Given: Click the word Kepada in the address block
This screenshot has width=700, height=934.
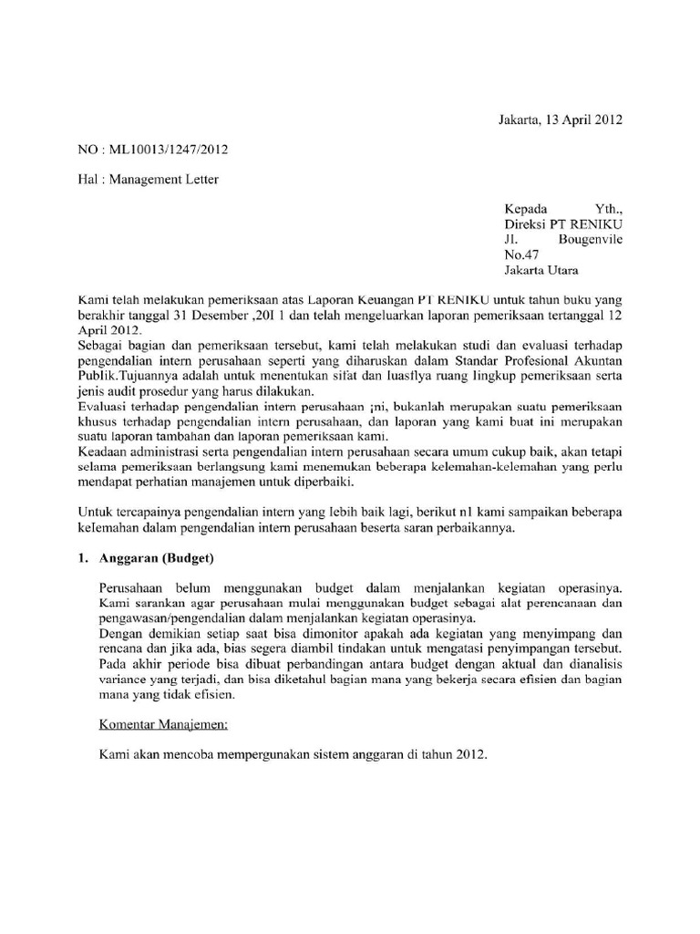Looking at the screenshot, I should coord(528,209).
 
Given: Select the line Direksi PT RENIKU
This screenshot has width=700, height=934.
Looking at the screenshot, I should coord(564,224).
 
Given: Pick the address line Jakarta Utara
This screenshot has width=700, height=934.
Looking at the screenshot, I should coord(542,271).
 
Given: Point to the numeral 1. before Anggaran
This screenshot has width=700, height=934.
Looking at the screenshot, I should coord(82,558).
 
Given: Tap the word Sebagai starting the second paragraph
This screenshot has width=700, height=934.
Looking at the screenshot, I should coord(102,348).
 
